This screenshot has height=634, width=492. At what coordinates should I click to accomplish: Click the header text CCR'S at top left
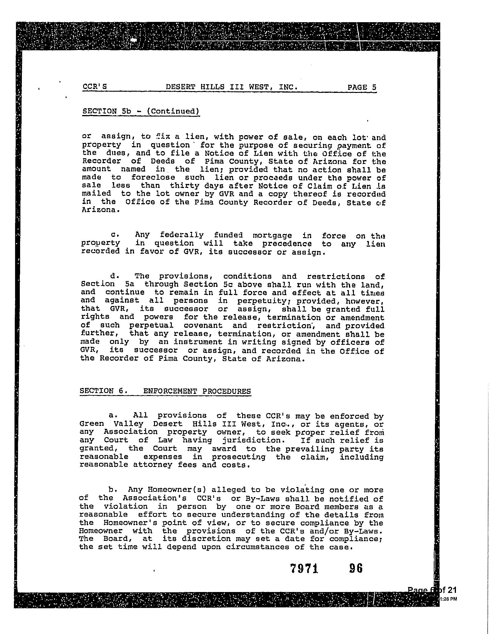point(95,87)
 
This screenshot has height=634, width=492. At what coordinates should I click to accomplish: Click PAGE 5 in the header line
point(362,87)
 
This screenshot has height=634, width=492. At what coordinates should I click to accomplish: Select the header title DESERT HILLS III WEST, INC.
point(232,87)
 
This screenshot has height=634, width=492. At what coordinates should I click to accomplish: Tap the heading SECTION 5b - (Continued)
point(141,111)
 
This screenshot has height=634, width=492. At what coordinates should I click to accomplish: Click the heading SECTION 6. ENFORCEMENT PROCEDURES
point(165,391)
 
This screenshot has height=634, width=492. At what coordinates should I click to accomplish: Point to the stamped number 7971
point(304,568)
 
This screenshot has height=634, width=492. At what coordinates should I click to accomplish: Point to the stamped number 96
point(356,568)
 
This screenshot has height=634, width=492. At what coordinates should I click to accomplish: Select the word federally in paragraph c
point(182,235)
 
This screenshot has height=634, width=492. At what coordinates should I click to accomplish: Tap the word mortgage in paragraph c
point(272,236)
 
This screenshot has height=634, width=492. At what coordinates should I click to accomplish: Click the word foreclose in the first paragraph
point(153,178)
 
